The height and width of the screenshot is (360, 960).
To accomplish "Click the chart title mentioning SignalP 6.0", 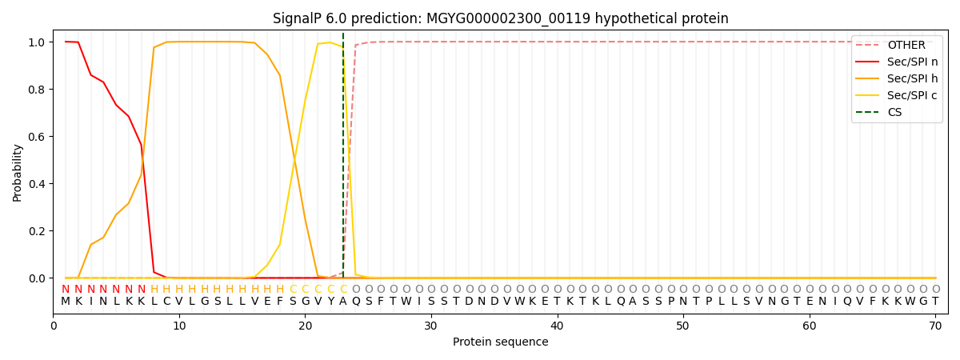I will click(500, 18).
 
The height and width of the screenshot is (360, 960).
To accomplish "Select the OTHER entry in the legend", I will click(906, 46).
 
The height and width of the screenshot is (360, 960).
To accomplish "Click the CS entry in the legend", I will click(894, 112).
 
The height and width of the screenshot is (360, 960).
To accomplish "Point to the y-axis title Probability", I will click(18, 172).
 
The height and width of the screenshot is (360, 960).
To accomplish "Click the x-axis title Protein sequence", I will click(500, 342).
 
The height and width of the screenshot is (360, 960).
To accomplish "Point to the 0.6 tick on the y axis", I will click(36, 137).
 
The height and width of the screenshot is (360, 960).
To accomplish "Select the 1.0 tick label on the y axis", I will click(36, 42).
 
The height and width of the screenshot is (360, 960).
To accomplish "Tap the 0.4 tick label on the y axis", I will click(36, 184).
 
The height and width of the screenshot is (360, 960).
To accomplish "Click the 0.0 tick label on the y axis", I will click(36, 278).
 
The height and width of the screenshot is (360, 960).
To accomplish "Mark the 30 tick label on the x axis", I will click(431, 326).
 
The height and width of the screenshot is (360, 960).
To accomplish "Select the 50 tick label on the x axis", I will click(683, 326).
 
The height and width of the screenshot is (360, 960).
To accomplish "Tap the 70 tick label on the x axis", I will click(935, 326).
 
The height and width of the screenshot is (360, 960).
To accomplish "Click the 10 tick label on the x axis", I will click(179, 326).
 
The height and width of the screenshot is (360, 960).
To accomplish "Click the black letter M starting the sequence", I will click(66, 302).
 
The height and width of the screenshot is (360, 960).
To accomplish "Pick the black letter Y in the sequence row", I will click(330, 302).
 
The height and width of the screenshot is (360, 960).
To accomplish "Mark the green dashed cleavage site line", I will click(343, 160).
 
